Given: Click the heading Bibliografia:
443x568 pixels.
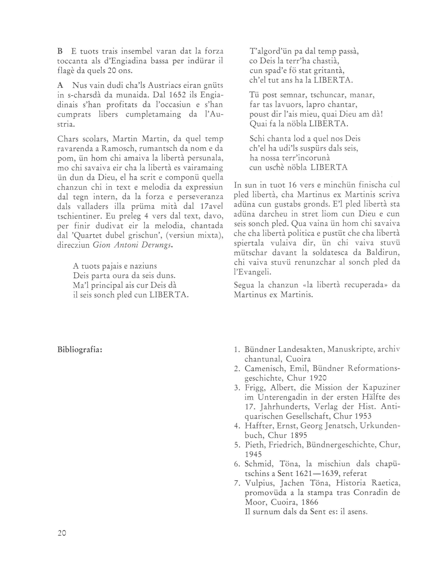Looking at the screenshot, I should click(79, 350).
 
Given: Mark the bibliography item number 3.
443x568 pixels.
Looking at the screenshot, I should click(236, 388).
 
